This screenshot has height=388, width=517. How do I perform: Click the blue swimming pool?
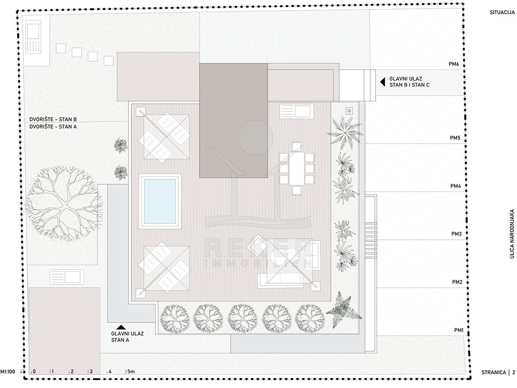(160, 201)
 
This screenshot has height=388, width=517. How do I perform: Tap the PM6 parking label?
(454, 64)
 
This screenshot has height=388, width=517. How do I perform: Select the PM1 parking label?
(458, 330)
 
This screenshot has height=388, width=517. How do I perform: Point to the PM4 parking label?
(455, 186)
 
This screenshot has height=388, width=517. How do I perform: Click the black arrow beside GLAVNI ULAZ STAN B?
(383, 82)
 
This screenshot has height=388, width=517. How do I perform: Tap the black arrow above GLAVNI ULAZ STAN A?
(121, 327)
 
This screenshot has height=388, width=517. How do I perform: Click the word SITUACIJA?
(502, 13)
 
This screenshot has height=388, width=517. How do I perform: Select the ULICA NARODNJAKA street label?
(512, 234)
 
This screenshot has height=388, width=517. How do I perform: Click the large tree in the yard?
(64, 203)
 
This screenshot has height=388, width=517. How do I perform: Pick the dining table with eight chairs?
(296, 169)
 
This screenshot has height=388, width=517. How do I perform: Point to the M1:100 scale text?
(7, 372)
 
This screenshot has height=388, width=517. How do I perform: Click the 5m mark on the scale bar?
(131, 372)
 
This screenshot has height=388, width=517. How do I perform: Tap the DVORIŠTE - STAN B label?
(53, 119)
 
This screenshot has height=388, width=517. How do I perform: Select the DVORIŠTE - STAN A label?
(53, 126)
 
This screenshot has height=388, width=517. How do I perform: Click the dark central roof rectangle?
(234, 120)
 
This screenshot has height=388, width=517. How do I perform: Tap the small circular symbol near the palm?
(349, 111)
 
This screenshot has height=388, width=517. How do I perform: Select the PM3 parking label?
(456, 234)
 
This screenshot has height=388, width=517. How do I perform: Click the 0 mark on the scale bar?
(34, 372)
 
